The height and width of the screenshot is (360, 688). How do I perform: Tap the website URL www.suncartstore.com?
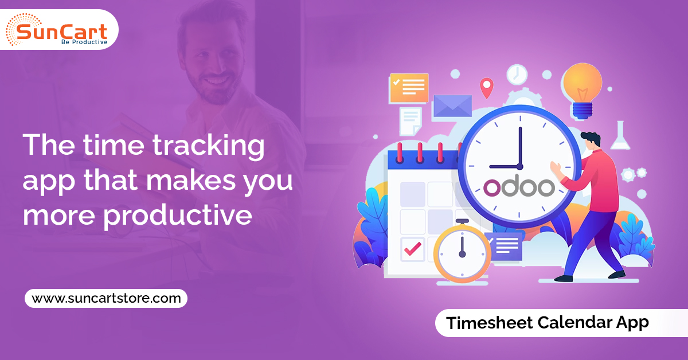click(x=106, y=298)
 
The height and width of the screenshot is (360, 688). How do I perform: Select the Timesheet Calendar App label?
click(x=548, y=322)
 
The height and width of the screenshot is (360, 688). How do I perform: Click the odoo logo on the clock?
click(x=519, y=187)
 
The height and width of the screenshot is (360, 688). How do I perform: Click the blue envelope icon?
click(x=452, y=106)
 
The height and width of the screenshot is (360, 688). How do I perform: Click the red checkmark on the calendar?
click(x=412, y=248)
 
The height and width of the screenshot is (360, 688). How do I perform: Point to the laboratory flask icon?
click(x=619, y=136)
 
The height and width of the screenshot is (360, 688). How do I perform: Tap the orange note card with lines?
click(x=408, y=88)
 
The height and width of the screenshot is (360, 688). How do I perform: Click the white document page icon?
click(x=410, y=121)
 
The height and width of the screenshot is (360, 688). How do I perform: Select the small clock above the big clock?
click(x=517, y=74)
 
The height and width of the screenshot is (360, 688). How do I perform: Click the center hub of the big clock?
click(x=520, y=166)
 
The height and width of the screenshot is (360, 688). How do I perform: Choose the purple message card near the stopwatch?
click(x=503, y=245)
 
